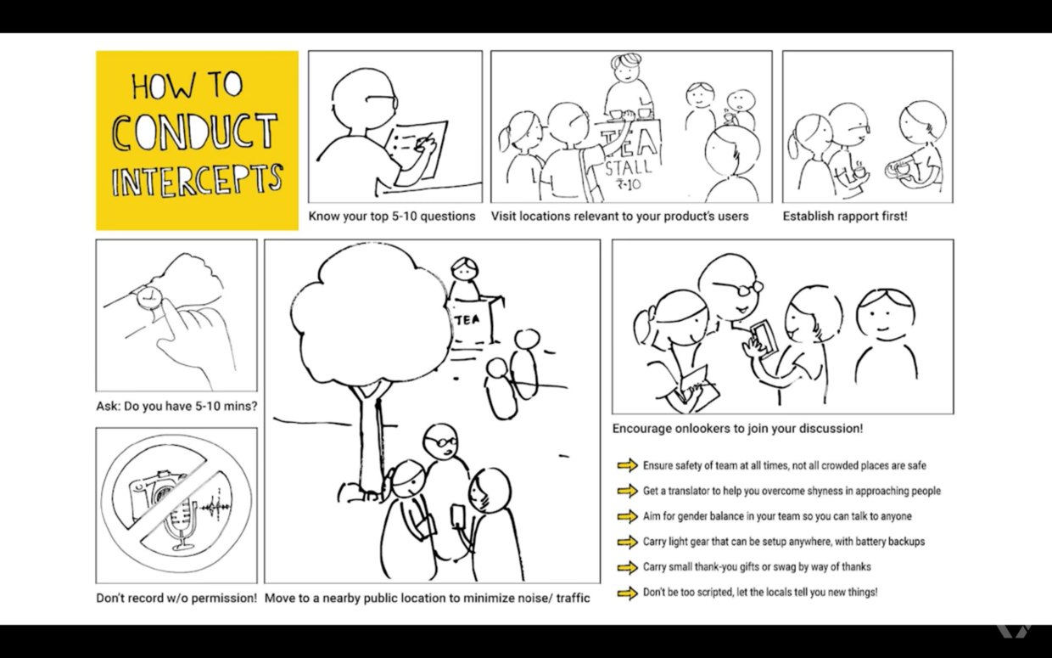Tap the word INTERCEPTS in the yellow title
click(197, 180)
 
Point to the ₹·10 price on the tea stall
click(629, 184)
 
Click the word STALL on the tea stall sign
click(629, 167)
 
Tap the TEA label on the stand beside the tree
click(467, 321)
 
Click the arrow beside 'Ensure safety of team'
click(628, 465)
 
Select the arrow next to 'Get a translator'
click(628, 491)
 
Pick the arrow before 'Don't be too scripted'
click(628, 593)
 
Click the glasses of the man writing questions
click(382, 101)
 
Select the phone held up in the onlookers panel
click(764, 339)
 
